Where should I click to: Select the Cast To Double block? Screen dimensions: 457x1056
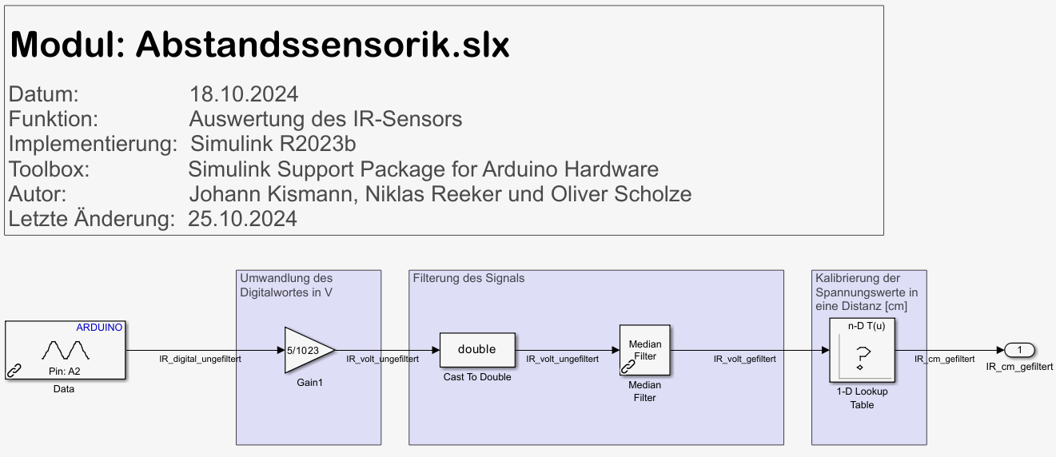[477, 350]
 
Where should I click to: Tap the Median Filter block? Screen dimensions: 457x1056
[644, 350]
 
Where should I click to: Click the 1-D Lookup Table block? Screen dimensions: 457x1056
[860, 350]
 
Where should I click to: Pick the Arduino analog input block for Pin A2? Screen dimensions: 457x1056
[66, 349]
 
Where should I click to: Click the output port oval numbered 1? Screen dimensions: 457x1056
[1019, 350]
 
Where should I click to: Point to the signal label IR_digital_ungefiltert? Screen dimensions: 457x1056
[201, 360]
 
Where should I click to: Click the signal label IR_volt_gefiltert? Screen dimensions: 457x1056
[744, 360]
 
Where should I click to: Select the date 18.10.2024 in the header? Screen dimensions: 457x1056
[244, 94]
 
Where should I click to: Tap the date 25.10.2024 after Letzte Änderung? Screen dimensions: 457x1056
[242, 219]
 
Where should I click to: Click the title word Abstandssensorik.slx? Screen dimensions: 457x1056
[322, 45]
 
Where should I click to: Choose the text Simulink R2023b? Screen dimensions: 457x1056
[273, 145]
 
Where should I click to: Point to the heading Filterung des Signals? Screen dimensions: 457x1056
[468, 278]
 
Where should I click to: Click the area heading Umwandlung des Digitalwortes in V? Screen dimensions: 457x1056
[286, 285]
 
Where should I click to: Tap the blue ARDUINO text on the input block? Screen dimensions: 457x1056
[99, 328]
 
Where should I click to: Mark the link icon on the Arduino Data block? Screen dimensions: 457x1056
[14, 370]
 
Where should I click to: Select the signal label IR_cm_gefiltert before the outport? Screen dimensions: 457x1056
[944, 360]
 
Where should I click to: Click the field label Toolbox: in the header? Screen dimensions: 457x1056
[49, 169]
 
